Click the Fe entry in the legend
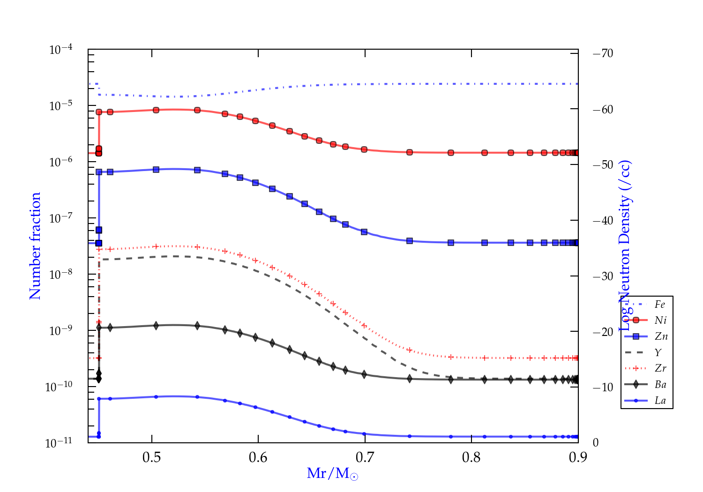(660, 305)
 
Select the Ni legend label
(660, 321)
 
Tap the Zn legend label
(661, 336)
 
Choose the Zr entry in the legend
(660, 368)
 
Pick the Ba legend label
(660, 385)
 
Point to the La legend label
(660, 401)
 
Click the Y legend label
(658, 352)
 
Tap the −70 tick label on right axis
(603, 53)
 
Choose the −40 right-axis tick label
(603, 220)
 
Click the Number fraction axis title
(36, 246)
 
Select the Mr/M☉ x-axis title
(332, 474)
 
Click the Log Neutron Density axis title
(625, 246)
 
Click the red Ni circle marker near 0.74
(410, 152)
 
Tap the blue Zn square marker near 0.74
(410, 241)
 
